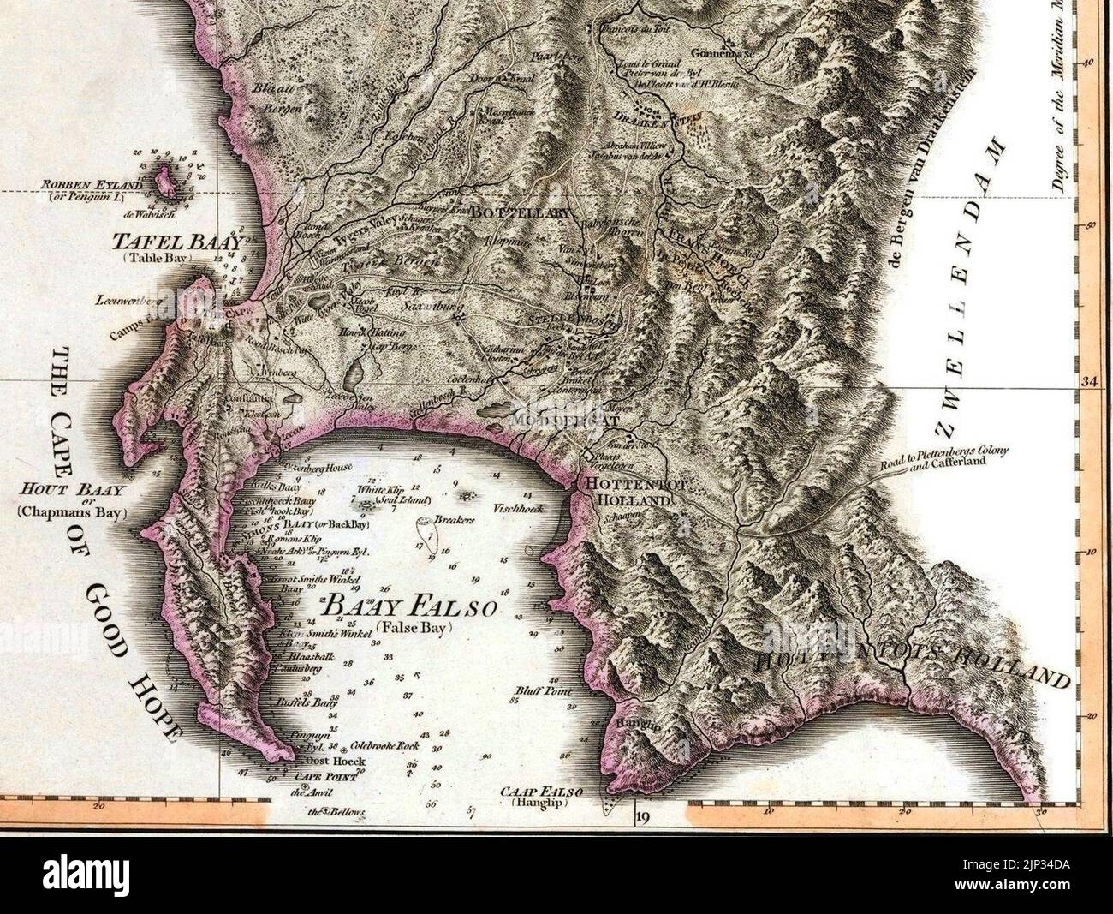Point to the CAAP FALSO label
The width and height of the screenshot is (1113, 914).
click(x=531, y=793)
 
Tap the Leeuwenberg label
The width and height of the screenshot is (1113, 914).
click(x=129, y=300)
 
